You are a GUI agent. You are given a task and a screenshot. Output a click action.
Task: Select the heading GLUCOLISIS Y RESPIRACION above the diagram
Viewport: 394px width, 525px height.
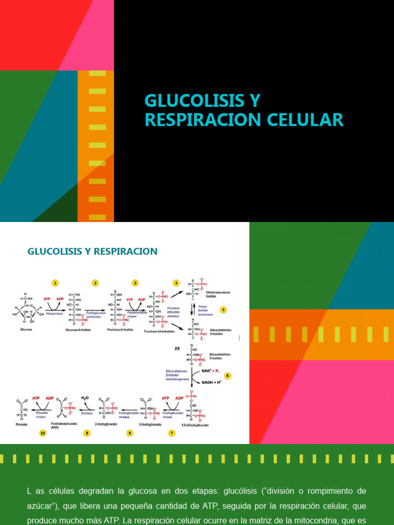[x=92, y=252]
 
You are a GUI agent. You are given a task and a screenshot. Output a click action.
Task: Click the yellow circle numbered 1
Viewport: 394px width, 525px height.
[x=55, y=283]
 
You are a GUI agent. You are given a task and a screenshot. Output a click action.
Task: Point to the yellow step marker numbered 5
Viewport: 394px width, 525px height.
[x=223, y=310]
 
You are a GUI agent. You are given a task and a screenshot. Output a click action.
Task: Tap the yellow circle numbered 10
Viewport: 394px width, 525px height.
[x=43, y=433]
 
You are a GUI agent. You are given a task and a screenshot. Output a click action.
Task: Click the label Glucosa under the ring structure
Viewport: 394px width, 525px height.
[x=26, y=330]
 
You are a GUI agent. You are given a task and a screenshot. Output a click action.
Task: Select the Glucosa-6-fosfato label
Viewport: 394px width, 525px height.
[x=78, y=331]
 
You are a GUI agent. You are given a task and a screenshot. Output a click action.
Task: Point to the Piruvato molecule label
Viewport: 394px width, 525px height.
[x=22, y=425]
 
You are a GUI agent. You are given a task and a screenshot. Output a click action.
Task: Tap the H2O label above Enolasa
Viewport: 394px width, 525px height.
[x=85, y=398]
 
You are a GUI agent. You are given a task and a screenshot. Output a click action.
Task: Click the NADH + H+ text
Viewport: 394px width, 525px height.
[x=209, y=382]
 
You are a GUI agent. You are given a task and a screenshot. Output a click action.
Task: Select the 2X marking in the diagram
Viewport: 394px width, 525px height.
[x=177, y=348]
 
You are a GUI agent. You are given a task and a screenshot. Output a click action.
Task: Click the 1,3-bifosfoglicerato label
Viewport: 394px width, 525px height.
[x=195, y=425]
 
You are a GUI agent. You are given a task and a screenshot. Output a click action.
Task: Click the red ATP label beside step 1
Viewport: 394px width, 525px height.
[x=47, y=299]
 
